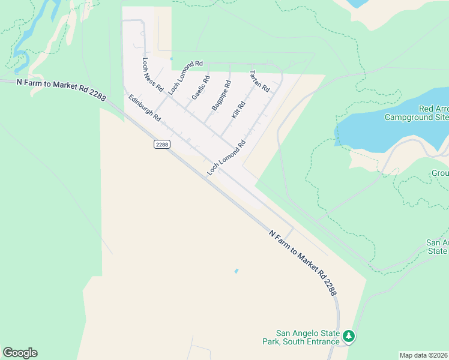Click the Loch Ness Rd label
click(152, 74)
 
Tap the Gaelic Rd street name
click(200, 88)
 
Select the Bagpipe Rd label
click(221, 95)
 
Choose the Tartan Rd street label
click(259, 80)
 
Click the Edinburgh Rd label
click(144, 108)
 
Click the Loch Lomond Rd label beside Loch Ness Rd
click(185, 77)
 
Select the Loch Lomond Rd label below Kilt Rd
click(228, 158)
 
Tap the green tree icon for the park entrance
click(349, 337)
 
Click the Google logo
click(20, 353)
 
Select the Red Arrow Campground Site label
click(433, 113)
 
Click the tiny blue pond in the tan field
click(236, 271)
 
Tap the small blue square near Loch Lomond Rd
click(171, 59)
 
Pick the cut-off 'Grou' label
click(440, 173)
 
